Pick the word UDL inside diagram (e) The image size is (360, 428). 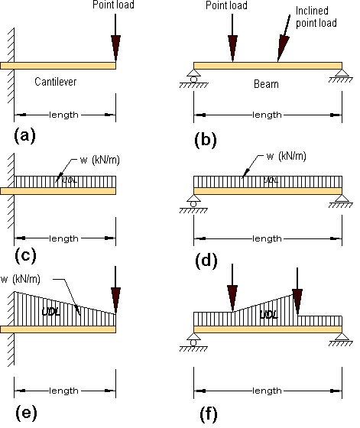tap(50, 312)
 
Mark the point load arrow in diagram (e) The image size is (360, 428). tap(115, 290)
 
